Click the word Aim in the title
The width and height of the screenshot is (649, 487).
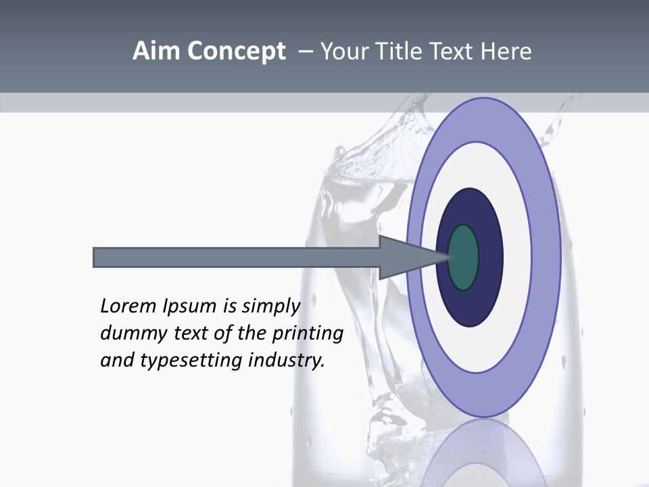tap(157, 51)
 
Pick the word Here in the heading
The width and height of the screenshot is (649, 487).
tap(506, 51)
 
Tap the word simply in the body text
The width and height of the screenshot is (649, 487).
tap(270, 306)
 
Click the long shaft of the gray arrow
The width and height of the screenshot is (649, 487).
tap(237, 257)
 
